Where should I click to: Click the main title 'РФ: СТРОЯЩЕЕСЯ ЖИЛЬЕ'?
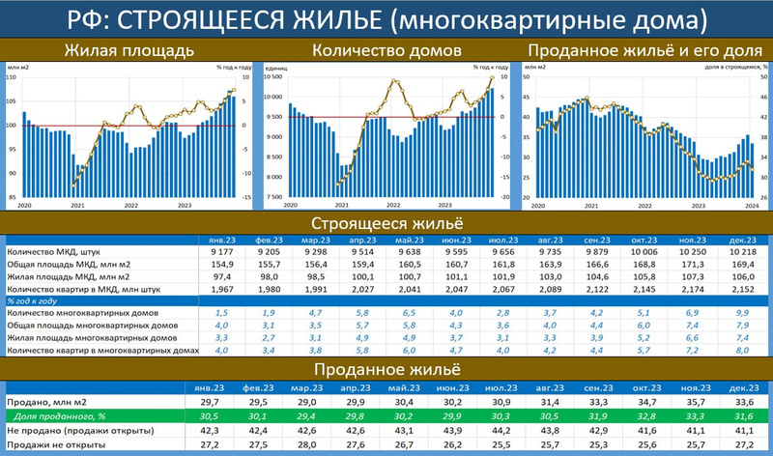tap(386, 18)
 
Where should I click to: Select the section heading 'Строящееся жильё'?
tap(386, 223)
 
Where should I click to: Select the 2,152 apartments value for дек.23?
tap(738, 289)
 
